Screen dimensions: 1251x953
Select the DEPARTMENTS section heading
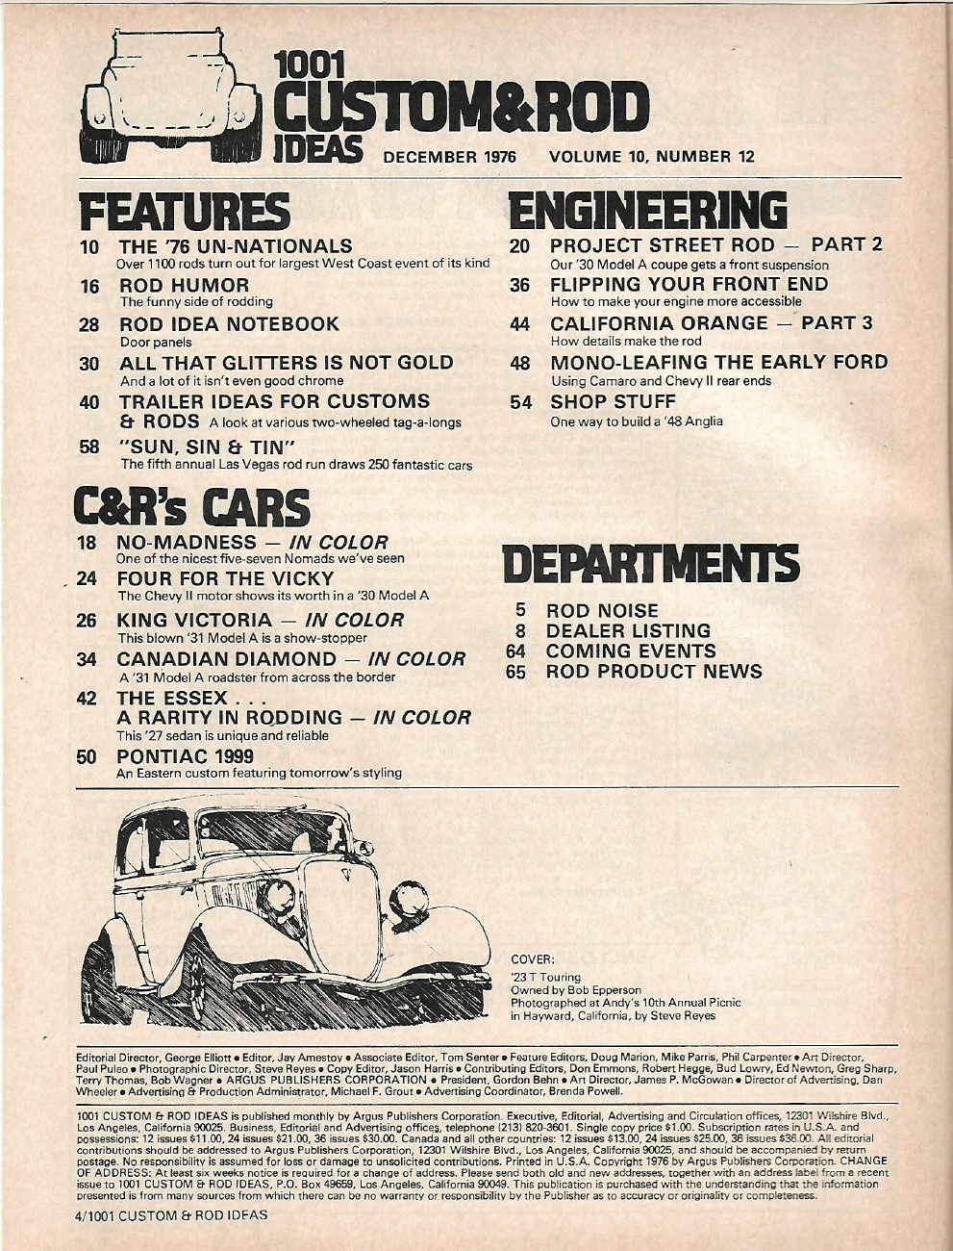(649, 565)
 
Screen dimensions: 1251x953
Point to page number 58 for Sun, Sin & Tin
(89, 447)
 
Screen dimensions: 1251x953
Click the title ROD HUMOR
(184, 286)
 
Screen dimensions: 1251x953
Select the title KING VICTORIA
(194, 621)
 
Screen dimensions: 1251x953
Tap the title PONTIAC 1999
(185, 756)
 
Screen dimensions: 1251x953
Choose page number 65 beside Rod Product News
(516, 672)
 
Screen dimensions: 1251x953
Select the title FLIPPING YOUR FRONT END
(689, 285)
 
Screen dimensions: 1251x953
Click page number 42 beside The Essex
(89, 698)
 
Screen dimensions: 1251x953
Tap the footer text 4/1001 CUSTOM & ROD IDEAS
(171, 1214)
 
